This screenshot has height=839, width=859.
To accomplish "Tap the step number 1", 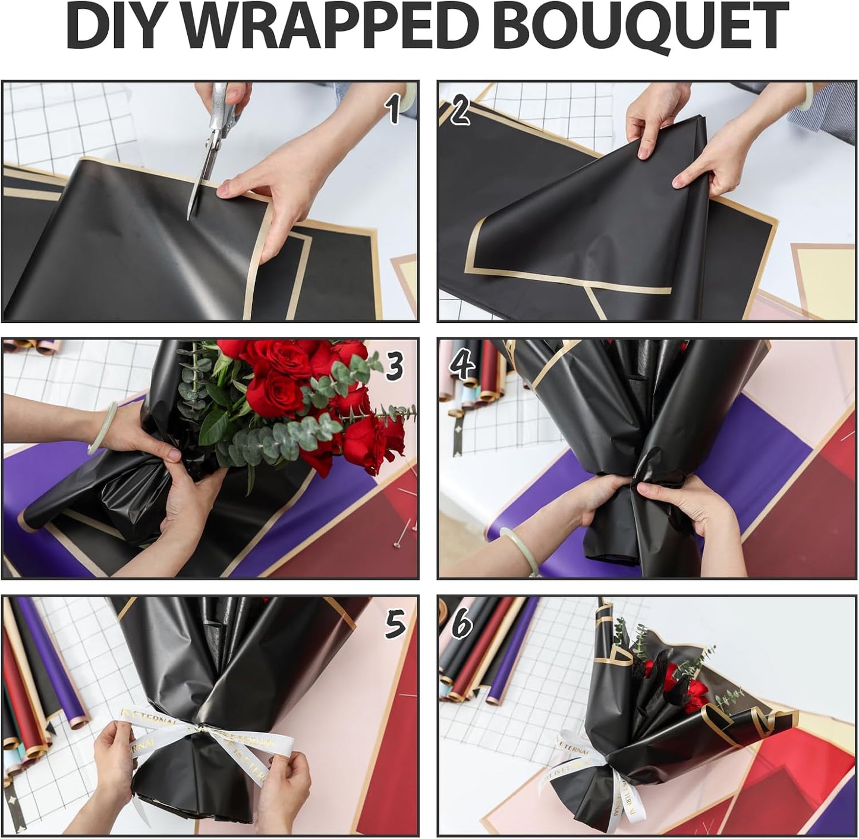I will [392, 111].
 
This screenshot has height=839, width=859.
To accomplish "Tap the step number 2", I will [460, 111].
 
